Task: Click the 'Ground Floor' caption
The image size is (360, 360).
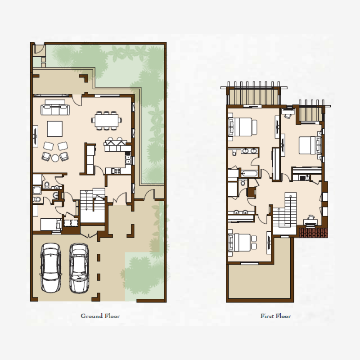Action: point(100,316)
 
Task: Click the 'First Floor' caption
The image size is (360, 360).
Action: point(275,316)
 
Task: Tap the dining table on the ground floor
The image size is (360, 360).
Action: point(107,120)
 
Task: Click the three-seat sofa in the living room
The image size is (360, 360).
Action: point(54,110)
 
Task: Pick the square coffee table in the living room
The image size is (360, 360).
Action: point(55,129)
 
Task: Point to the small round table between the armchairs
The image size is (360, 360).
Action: point(55,158)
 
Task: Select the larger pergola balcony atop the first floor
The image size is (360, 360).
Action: point(252,94)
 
